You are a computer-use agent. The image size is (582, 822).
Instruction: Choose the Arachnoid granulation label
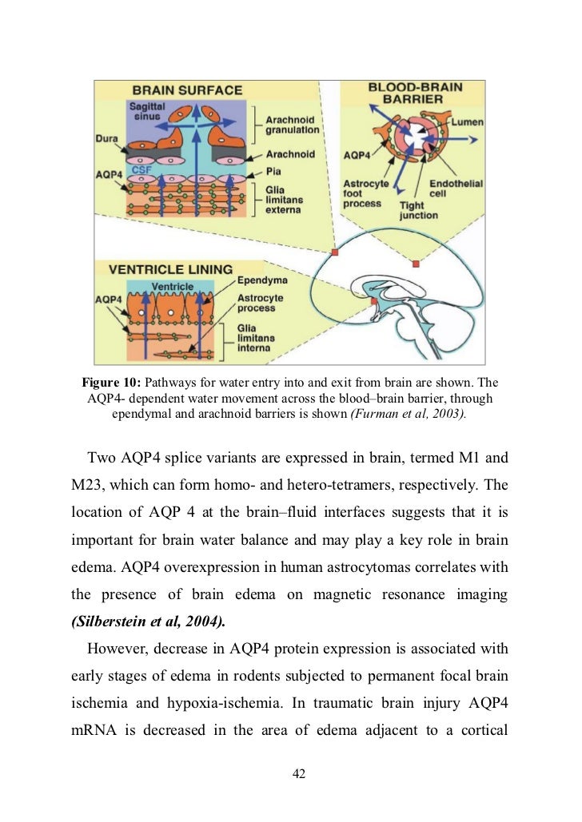click(x=292, y=124)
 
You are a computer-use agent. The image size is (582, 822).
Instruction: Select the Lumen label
click(x=467, y=121)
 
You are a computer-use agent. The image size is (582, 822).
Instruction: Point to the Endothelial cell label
click(x=456, y=189)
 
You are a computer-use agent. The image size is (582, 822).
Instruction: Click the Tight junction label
click(x=418, y=210)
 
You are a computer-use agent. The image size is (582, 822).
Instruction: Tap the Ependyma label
click(x=263, y=282)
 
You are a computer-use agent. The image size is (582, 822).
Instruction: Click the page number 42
click(x=300, y=773)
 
